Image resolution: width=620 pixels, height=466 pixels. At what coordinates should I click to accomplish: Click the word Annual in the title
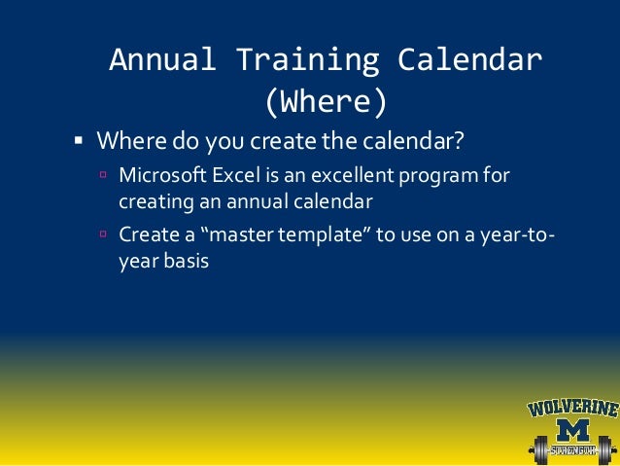click(x=162, y=59)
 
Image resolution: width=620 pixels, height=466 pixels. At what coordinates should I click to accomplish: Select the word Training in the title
click(x=308, y=61)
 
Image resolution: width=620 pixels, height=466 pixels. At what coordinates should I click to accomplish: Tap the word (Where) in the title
click(x=326, y=102)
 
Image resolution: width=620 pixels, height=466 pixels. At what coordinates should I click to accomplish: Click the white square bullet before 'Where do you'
click(x=79, y=140)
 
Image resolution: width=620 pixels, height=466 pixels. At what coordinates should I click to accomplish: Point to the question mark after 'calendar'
click(x=459, y=140)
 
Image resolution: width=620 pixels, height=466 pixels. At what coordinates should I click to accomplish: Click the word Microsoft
click(x=162, y=175)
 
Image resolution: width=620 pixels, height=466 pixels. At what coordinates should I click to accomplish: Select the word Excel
click(x=236, y=175)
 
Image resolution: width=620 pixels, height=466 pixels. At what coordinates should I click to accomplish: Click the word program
click(x=438, y=177)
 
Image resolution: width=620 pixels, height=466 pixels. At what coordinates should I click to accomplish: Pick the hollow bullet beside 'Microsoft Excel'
click(x=103, y=174)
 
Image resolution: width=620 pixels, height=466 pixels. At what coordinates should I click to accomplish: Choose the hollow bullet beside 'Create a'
click(x=103, y=233)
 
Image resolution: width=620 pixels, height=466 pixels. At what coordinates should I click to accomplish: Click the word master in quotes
click(x=241, y=234)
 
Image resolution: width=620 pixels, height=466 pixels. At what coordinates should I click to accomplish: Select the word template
click(x=321, y=235)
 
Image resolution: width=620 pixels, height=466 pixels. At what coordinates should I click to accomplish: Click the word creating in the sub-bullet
click(x=156, y=203)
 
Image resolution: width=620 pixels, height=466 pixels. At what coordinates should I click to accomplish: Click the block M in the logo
click(x=572, y=431)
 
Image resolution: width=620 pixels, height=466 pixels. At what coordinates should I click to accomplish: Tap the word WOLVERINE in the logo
click(x=573, y=409)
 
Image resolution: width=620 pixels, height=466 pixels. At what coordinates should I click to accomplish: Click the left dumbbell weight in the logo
click(x=540, y=450)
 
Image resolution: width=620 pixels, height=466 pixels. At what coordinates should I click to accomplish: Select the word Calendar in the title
click(x=469, y=59)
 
